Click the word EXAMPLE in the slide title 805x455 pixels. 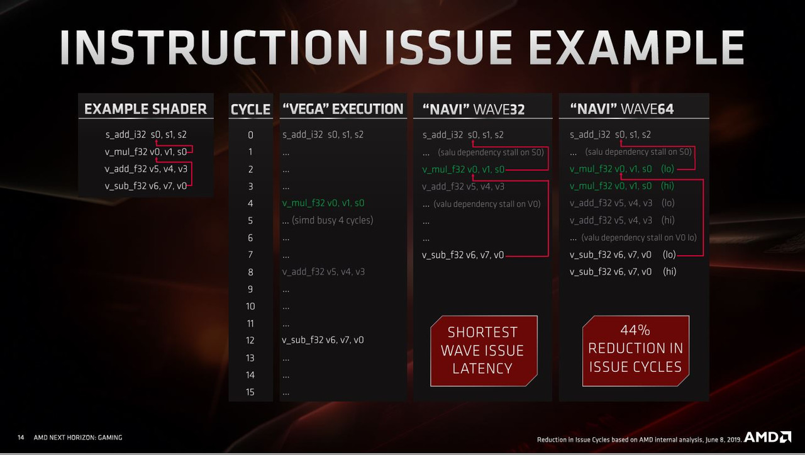tap(636, 47)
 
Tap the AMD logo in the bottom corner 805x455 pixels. tap(767, 437)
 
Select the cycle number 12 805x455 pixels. tap(250, 340)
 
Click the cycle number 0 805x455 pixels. tap(250, 135)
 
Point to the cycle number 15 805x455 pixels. tap(250, 391)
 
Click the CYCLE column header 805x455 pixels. tap(250, 110)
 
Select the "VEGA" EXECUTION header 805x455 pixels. tap(343, 109)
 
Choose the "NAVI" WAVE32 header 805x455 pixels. tap(474, 110)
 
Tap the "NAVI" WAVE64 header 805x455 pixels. tap(622, 109)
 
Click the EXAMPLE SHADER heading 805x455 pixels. tap(145, 109)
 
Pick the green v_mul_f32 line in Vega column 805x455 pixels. tap(323, 203)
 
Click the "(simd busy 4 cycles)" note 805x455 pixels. tap(333, 220)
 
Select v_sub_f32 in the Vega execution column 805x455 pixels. tap(323, 340)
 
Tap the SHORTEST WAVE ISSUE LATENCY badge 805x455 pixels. tap(484, 351)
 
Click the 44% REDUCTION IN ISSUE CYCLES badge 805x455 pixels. tap(636, 351)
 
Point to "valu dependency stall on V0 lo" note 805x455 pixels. tap(638, 237)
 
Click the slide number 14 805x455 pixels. tap(21, 437)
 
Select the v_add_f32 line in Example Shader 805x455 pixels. tap(146, 169)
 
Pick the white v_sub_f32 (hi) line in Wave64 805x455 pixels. tap(623, 272)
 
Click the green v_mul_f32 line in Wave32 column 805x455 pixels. tap(464, 169)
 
